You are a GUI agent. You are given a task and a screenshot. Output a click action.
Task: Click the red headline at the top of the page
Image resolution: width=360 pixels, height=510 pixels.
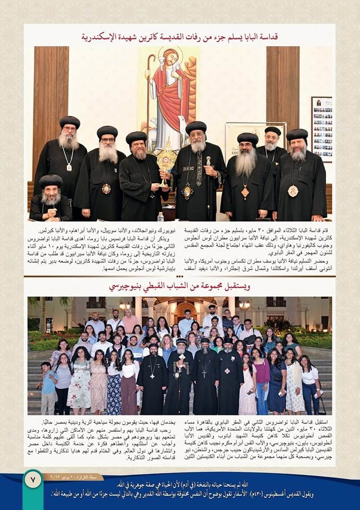[179, 37]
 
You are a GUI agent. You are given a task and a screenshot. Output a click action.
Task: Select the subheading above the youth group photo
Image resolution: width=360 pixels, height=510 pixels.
[179, 286]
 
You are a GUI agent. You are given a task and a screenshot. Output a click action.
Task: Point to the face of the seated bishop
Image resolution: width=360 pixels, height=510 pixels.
[50, 195]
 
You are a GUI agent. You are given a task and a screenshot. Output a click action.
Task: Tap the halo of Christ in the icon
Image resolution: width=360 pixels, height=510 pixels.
[170, 56]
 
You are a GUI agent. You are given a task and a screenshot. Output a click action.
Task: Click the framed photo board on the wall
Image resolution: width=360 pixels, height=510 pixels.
[322, 128]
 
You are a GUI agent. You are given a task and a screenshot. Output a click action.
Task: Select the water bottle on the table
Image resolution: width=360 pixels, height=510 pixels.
[160, 217]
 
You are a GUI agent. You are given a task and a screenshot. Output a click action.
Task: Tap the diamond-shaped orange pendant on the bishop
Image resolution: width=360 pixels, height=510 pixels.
[245, 193]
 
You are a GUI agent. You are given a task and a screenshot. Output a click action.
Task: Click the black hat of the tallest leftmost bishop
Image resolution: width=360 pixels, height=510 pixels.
[70, 122]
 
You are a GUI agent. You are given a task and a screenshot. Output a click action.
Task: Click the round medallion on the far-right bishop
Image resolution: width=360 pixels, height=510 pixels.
[293, 190]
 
